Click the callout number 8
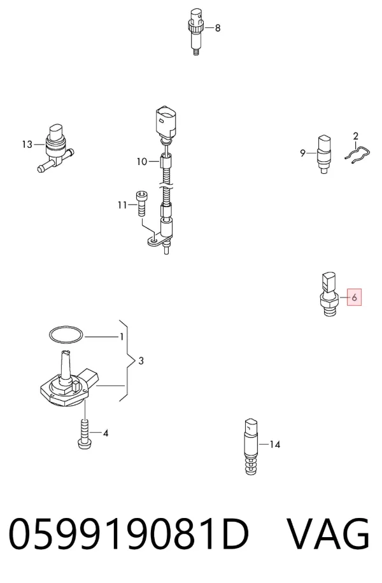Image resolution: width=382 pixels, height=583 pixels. [x=218, y=28]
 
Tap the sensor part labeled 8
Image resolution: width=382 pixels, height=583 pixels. [x=196, y=32]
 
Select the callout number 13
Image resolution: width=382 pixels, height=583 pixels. [x=27, y=144]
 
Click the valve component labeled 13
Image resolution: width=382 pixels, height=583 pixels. [x=55, y=148]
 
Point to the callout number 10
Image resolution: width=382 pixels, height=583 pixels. [x=142, y=162]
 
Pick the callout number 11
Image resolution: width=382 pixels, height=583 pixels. [x=122, y=205]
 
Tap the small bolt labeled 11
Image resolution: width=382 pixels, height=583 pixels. [x=141, y=203]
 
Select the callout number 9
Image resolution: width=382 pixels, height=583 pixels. [x=303, y=153]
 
